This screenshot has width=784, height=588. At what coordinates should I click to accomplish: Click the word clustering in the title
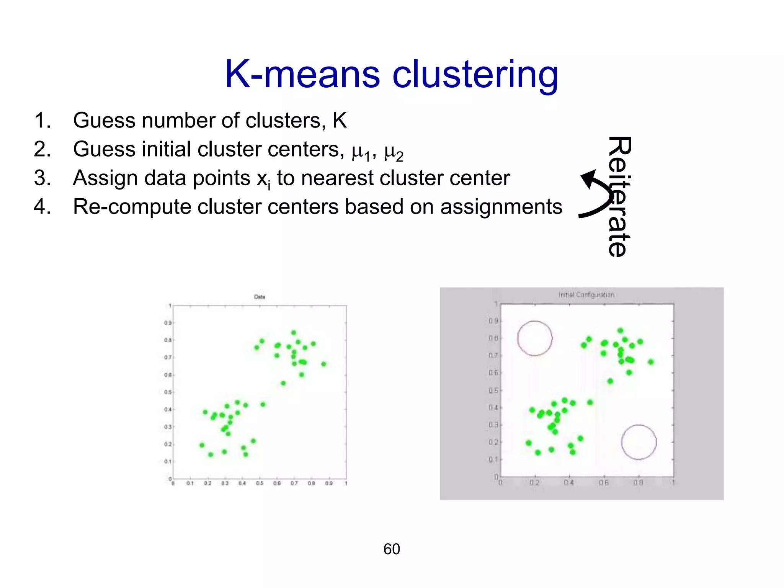[475, 75]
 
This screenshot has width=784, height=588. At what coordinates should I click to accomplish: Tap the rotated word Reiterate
[619, 196]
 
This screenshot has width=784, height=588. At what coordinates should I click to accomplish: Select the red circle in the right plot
[535, 338]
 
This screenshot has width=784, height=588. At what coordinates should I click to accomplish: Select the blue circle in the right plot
[639, 442]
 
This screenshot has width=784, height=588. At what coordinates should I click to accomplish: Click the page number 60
[392, 549]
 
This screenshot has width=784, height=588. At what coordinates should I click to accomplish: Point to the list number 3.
[42, 178]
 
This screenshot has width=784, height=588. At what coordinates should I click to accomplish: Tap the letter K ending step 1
[340, 121]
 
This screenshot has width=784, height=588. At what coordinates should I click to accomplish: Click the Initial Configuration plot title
[586, 295]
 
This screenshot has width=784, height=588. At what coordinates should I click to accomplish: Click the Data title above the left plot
[260, 297]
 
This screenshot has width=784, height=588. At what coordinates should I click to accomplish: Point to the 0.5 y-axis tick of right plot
[493, 390]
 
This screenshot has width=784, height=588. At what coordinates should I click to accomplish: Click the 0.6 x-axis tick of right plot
[604, 483]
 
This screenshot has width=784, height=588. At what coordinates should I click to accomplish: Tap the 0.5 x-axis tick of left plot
[260, 483]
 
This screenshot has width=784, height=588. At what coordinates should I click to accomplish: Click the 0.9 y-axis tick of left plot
[168, 323]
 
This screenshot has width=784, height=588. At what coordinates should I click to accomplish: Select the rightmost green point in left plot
[324, 364]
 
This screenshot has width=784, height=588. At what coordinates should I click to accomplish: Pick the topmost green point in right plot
[621, 330]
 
